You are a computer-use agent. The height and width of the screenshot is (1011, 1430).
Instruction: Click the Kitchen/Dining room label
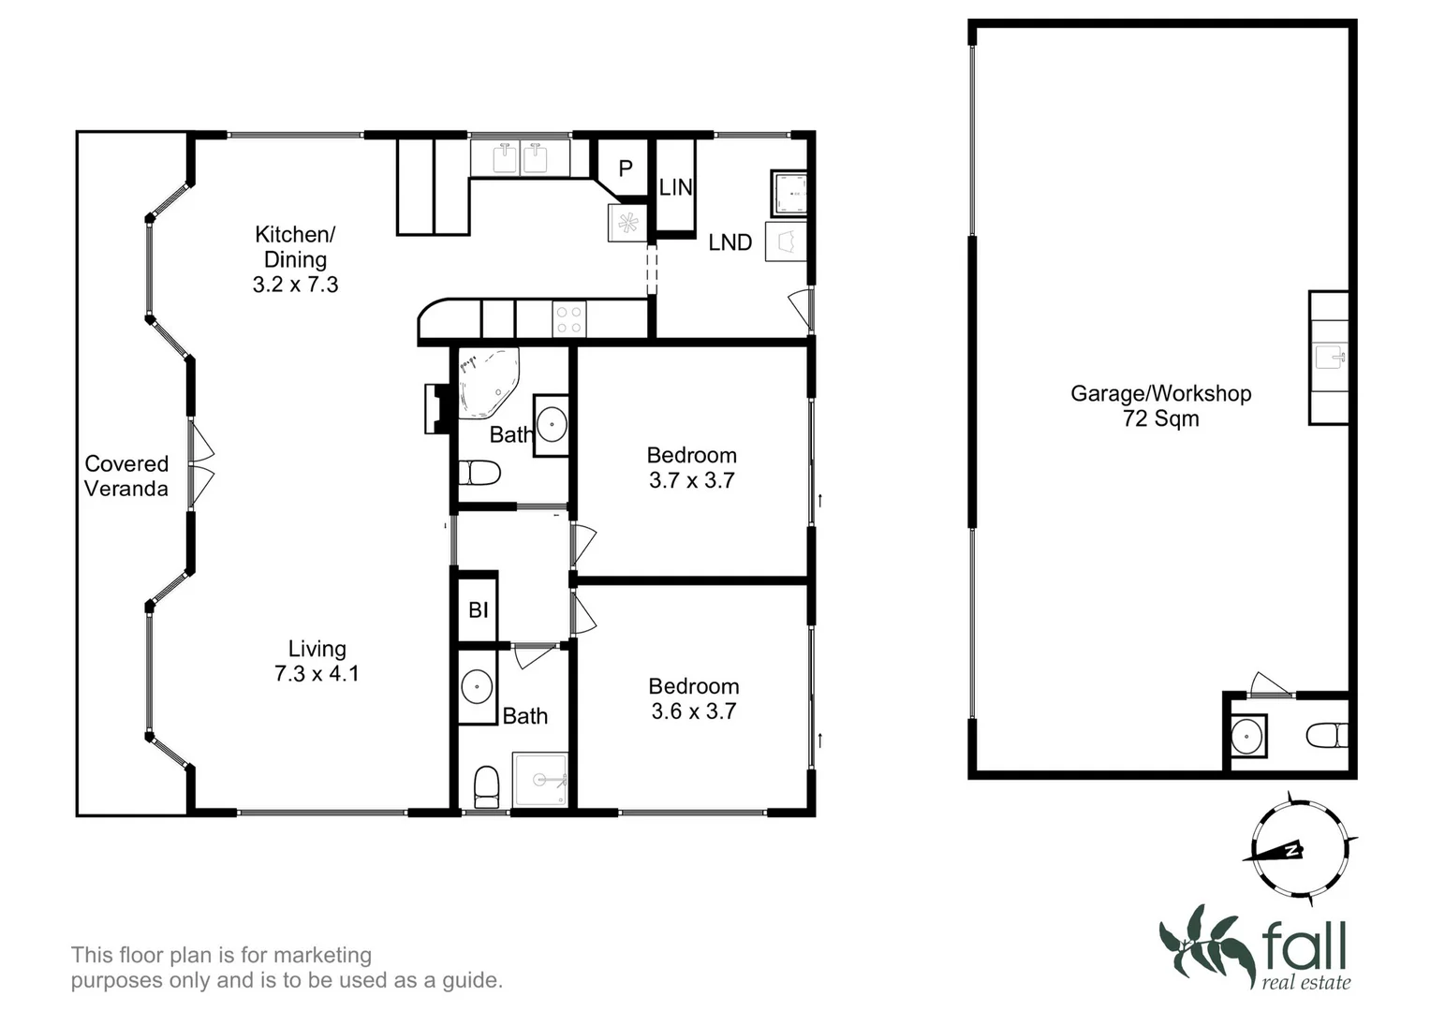(x=295, y=247)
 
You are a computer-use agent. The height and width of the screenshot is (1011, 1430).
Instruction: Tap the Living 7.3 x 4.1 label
(x=317, y=661)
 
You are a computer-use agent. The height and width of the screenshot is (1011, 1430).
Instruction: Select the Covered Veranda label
(x=126, y=476)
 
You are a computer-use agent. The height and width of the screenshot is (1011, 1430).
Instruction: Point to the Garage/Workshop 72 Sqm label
(x=1160, y=405)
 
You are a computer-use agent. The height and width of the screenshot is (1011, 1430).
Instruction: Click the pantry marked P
(x=626, y=168)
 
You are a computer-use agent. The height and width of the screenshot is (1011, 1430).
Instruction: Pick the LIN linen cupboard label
(x=675, y=187)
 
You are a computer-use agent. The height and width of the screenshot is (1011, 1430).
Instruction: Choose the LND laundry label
(x=730, y=242)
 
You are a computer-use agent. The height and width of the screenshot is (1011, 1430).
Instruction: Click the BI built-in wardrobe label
(x=478, y=610)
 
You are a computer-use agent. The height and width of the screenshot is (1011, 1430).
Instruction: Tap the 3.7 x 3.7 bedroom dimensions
(x=692, y=480)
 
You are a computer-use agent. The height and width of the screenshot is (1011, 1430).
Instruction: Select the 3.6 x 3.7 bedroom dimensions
(x=694, y=711)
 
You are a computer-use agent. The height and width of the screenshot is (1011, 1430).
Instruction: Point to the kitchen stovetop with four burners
(x=569, y=318)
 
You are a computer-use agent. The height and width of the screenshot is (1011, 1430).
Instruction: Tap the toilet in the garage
(x=1328, y=735)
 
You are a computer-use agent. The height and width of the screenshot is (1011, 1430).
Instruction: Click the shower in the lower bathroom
(x=539, y=778)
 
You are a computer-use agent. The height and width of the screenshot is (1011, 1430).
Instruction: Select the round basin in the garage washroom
(x=1247, y=736)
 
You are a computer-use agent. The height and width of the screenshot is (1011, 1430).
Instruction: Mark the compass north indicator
(x=1291, y=850)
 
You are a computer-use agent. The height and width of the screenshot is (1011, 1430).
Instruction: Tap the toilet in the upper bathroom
(x=480, y=473)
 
